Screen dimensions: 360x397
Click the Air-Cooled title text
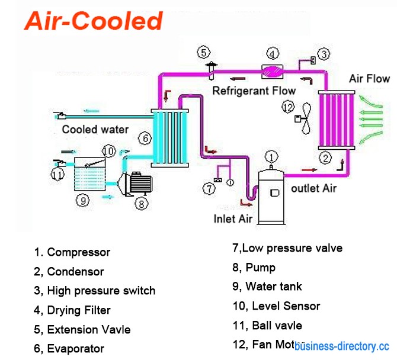(x=94, y=21)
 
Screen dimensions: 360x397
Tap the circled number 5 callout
(x=204, y=52)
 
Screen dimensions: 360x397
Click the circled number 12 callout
(x=289, y=107)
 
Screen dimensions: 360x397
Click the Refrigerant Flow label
(x=254, y=91)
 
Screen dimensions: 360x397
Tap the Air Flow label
(x=369, y=79)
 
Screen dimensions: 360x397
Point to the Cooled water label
(x=95, y=129)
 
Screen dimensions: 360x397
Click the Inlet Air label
(x=233, y=219)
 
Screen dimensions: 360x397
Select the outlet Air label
(x=313, y=188)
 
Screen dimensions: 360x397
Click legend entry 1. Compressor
(x=72, y=252)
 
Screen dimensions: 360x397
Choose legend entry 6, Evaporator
(x=69, y=349)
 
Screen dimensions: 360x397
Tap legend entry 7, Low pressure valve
(x=287, y=248)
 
